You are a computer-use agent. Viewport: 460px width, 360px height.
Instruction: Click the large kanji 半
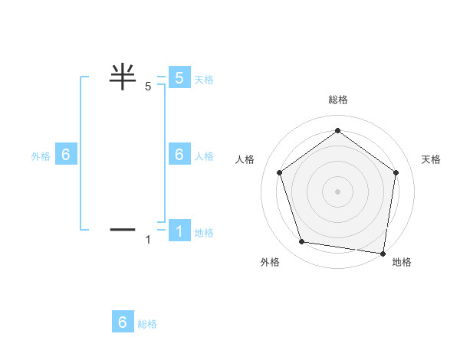[123, 77]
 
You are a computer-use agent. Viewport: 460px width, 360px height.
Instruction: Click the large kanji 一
[123, 228]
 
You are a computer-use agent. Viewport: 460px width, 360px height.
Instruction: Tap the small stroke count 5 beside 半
[148, 87]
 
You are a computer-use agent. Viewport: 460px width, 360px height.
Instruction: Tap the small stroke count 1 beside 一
[148, 240]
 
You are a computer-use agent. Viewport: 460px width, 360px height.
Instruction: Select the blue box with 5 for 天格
[179, 77]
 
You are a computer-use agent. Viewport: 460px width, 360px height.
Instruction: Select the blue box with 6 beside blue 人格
[179, 154]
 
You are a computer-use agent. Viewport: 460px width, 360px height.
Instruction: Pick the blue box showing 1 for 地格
[179, 231]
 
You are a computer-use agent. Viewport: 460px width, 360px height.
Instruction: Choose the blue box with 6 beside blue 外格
[66, 154]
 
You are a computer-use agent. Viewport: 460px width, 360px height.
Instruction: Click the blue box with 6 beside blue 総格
[123, 322]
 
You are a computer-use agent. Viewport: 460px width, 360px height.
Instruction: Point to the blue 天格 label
[204, 79]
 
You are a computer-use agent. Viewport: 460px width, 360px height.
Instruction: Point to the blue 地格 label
[204, 232]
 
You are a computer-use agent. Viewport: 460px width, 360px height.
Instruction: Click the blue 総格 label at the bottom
[147, 323]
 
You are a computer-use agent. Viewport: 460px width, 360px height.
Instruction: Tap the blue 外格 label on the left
[41, 155]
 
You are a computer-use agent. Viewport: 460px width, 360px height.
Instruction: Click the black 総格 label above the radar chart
[338, 100]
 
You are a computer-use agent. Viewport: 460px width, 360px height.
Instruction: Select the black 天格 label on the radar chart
[431, 159]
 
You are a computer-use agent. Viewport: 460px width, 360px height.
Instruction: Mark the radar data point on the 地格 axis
[383, 253]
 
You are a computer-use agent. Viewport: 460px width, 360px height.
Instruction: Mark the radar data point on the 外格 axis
[302, 242]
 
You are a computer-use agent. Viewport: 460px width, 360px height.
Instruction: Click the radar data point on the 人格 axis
[279, 172]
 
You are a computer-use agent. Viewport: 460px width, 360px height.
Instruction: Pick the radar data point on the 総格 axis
[337, 131]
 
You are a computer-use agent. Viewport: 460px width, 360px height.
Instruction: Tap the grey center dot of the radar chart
[337, 191]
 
